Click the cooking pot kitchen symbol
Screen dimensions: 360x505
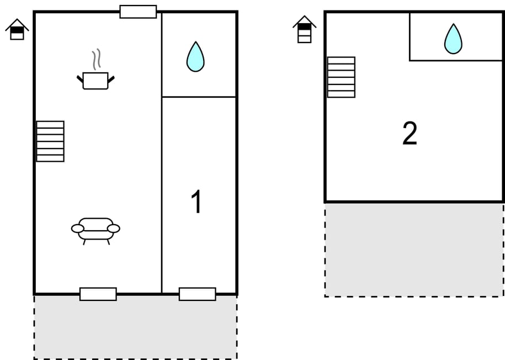click(95, 80)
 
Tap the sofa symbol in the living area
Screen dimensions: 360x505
click(95, 229)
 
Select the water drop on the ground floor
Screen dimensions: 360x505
click(195, 57)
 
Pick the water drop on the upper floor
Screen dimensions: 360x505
click(453, 39)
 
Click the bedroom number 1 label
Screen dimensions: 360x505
click(196, 202)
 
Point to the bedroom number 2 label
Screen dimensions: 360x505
click(410, 134)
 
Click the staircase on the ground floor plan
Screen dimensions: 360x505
click(50, 141)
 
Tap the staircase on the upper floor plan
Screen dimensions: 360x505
click(341, 77)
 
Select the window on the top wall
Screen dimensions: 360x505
click(138, 12)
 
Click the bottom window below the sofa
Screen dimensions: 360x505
click(98, 294)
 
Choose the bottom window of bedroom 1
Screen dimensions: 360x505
click(197, 294)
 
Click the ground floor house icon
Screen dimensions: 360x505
click(17, 29)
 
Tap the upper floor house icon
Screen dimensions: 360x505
click(304, 29)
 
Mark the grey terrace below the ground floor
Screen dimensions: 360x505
click(136, 327)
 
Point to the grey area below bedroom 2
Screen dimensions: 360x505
click(414, 250)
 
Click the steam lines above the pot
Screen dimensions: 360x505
click(97, 60)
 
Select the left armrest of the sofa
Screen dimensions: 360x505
click(78, 229)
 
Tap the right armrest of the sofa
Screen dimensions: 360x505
click(114, 229)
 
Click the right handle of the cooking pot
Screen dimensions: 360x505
click(111, 80)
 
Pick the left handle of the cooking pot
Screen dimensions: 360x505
click(80, 80)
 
